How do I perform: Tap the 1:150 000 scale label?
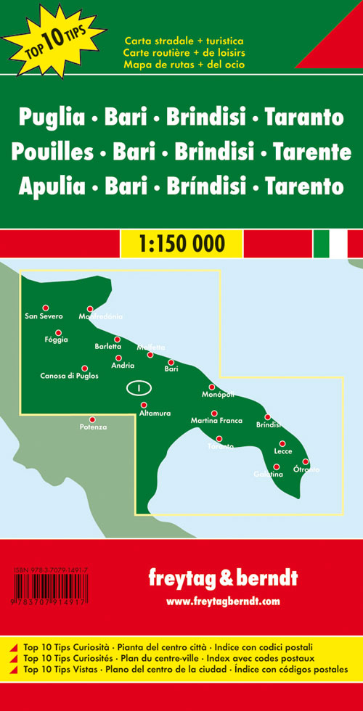pyautogui.click(x=181, y=242)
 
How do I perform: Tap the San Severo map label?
pyautogui.click(x=44, y=316)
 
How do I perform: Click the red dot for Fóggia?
pyautogui.click(x=57, y=334)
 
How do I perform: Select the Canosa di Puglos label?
pyautogui.click(x=70, y=376)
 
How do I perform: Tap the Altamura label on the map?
pyautogui.click(x=155, y=414)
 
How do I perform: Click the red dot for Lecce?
pyautogui.click(x=282, y=443)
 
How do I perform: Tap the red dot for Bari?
pyautogui.click(x=171, y=362)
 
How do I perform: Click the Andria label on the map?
pyautogui.click(x=123, y=366)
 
